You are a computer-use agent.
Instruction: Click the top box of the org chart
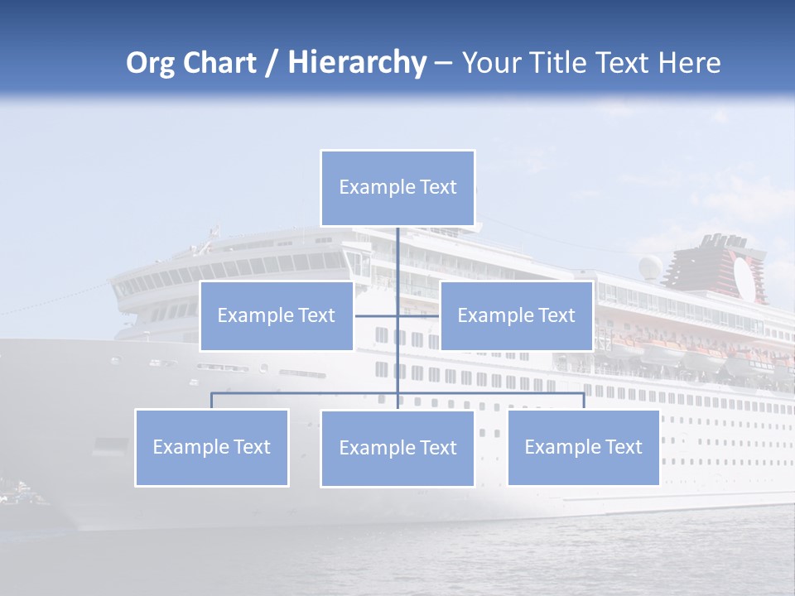coord(397,188)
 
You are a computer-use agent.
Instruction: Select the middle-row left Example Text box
coord(277,315)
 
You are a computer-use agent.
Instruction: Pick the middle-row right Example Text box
coord(516,315)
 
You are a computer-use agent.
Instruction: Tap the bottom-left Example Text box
coord(212,447)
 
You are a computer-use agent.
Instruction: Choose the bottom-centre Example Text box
coord(397,448)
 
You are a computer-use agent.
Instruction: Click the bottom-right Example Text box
coord(583,447)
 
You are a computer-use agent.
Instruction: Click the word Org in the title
coord(150,64)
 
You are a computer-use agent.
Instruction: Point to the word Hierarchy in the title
coord(357,64)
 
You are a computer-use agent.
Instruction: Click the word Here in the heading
coord(689,63)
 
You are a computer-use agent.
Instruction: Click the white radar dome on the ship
coord(651,267)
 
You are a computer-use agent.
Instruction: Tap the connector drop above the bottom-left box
coord(212,401)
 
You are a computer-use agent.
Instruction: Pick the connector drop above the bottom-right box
coord(583,401)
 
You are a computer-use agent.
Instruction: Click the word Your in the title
coord(490,63)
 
